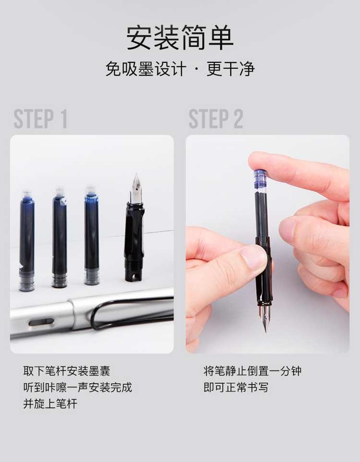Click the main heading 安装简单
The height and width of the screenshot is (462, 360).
(x=180, y=38)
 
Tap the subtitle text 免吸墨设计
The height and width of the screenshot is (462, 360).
(x=146, y=69)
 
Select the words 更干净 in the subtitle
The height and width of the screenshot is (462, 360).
(x=230, y=69)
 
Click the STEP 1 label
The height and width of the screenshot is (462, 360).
(x=40, y=119)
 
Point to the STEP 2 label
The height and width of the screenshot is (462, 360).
(x=216, y=119)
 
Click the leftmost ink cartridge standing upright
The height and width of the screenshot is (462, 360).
(x=27, y=240)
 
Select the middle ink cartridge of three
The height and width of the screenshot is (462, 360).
(x=60, y=237)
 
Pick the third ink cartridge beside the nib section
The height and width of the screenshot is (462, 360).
(x=92, y=235)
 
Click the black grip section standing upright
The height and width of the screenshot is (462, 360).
(x=134, y=241)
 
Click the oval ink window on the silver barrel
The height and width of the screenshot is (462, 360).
(x=41, y=323)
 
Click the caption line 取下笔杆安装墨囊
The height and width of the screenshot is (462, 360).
(x=67, y=371)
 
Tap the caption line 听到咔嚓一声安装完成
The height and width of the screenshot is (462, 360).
(x=78, y=387)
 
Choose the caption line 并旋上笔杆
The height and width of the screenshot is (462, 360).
(x=50, y=403)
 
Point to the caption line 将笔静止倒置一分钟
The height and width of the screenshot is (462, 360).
(x=252, y=371)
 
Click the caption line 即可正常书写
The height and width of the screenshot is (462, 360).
(x=236, y=387)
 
